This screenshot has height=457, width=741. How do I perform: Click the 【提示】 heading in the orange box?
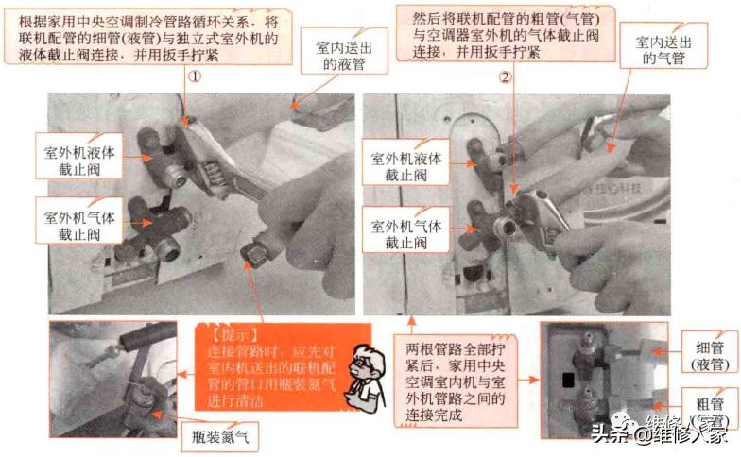230,334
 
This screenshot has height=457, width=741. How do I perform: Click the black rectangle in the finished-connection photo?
569,381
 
